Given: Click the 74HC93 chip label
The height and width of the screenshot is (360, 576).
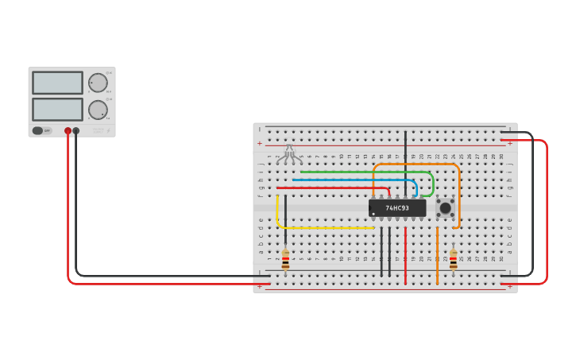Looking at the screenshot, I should [397, 208].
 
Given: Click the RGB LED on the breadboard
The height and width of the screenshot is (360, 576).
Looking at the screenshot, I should [289, 153].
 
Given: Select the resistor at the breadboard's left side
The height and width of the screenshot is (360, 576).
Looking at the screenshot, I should [285, 260].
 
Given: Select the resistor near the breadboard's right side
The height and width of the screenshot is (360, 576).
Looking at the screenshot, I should [453, 260].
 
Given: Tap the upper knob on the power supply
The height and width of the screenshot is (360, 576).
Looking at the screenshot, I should [98, 83].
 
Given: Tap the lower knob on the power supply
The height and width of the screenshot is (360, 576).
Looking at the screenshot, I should [98, 110].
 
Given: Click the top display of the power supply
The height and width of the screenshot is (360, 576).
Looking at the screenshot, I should [57, 83].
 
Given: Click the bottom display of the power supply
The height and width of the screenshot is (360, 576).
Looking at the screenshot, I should [57, 109].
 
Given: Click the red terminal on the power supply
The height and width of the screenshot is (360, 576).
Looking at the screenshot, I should [68, 130].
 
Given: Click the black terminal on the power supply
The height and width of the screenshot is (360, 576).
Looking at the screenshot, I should [76, 130].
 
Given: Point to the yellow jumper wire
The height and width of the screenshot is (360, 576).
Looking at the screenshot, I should [318, 227].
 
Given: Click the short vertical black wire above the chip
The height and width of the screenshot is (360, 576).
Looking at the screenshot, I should [405, 159].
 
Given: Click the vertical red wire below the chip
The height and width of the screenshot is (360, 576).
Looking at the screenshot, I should [405, 254].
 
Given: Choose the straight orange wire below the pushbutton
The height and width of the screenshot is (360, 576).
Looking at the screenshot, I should [437, 254].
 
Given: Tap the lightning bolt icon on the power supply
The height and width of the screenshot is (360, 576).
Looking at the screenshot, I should [109, 130].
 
